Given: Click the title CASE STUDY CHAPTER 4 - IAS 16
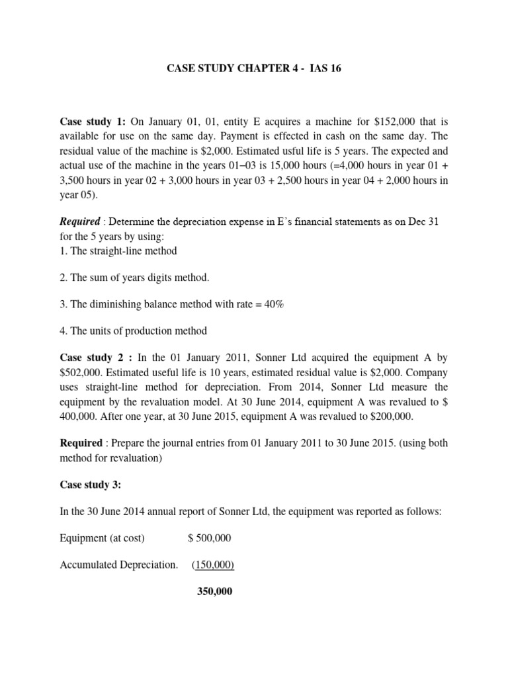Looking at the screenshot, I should tap(253, 69).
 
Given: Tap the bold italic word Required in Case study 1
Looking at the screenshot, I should tap(80, 221).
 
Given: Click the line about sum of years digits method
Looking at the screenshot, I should tap(134, 278).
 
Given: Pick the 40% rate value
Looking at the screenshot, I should tap(273, 304).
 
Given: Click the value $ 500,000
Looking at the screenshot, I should tap(210, 538).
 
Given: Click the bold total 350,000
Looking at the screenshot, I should tap(215, 592).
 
